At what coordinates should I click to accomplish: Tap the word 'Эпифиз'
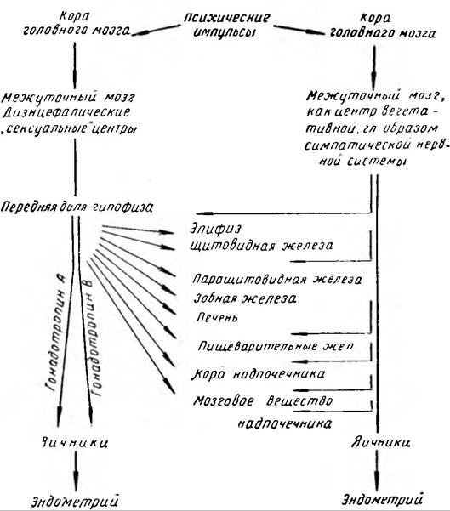point(215,229)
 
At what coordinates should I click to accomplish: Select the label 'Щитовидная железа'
point(261,246)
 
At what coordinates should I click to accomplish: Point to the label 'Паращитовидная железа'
point(277,280)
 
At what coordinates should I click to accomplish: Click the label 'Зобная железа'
point(245,298)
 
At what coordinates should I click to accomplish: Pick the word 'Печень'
point(217,317)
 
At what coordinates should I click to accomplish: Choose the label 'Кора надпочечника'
point(258,374)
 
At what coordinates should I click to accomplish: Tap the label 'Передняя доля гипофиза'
point(77,207)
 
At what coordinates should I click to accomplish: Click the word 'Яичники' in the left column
point(75,443)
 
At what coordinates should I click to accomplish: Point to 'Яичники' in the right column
point(380,442)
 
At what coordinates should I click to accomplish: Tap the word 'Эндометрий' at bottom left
point(75,501)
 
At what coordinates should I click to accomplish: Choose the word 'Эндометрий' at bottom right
point(383,499)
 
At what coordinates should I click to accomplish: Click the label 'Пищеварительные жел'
point(276,346)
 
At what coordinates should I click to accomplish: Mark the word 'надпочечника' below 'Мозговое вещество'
point(285,423)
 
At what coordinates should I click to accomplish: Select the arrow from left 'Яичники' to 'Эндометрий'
point(76,471)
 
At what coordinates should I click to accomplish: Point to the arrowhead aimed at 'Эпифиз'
point(167,232)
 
